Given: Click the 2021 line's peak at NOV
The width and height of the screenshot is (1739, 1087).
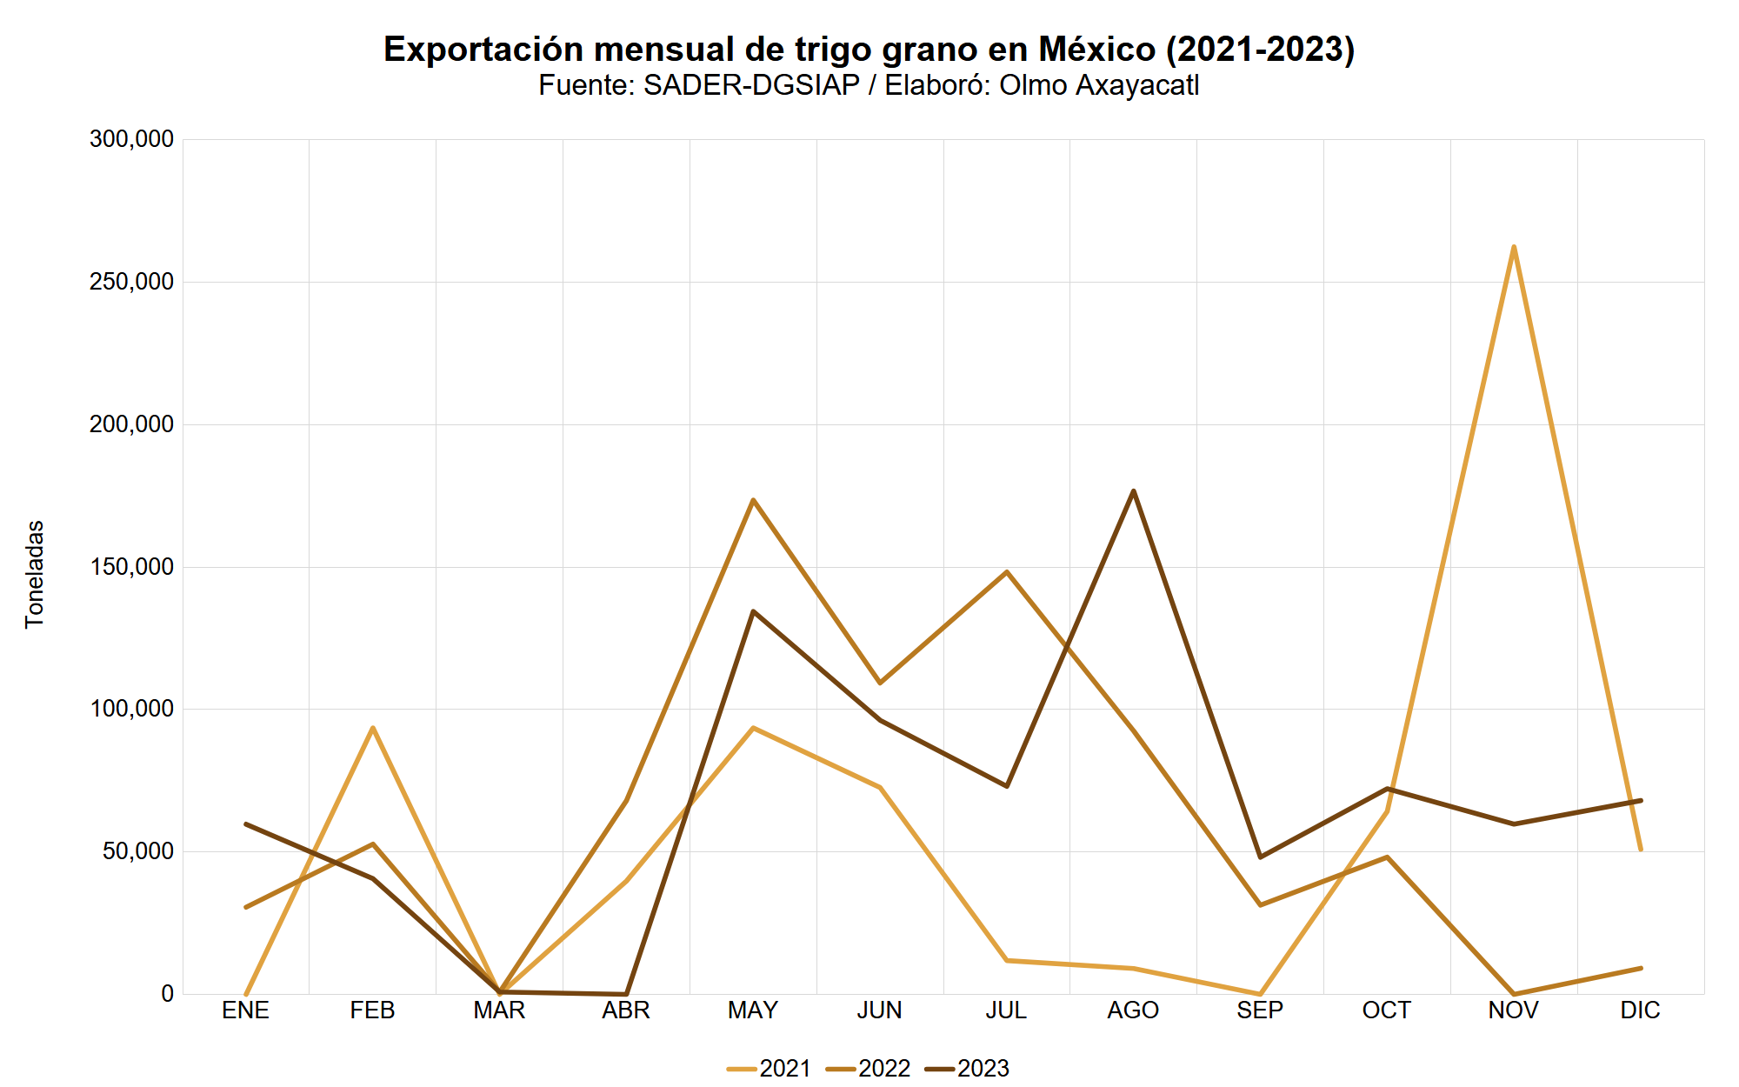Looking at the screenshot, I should point(1514,248).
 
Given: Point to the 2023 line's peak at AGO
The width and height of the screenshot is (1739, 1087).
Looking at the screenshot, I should point(1133,491).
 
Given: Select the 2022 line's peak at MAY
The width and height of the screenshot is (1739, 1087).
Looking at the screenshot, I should point(753,500).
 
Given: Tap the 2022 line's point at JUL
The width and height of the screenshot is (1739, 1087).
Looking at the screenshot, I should point(1007,572).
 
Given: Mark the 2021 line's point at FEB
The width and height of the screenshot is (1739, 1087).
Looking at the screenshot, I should point(372,728).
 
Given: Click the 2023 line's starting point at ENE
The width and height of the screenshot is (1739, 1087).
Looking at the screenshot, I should point(246,824).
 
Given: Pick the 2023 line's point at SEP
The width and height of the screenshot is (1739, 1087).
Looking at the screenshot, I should point(1260,857).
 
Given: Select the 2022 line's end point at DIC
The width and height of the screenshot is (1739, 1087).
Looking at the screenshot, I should point(1640,968).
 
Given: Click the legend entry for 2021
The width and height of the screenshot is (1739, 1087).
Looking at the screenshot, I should point(770,1068).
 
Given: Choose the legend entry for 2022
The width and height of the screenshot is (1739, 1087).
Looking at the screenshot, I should point(869,1068).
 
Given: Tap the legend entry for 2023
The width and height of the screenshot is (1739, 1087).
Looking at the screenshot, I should point(968,1068).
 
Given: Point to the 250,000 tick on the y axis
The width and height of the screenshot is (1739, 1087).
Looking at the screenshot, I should point(132,282).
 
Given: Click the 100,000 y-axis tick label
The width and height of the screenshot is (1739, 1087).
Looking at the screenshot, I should point(132,709).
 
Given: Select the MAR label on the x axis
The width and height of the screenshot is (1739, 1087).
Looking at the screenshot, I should point(499,1010).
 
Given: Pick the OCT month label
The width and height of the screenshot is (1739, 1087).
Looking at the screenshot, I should point(1386,1010).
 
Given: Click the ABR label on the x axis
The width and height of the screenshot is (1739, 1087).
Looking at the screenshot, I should point(626,1010).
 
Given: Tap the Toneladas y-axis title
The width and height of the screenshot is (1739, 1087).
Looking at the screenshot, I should point(35,574).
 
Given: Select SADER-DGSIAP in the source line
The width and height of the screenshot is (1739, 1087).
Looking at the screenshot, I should point(751,85).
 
